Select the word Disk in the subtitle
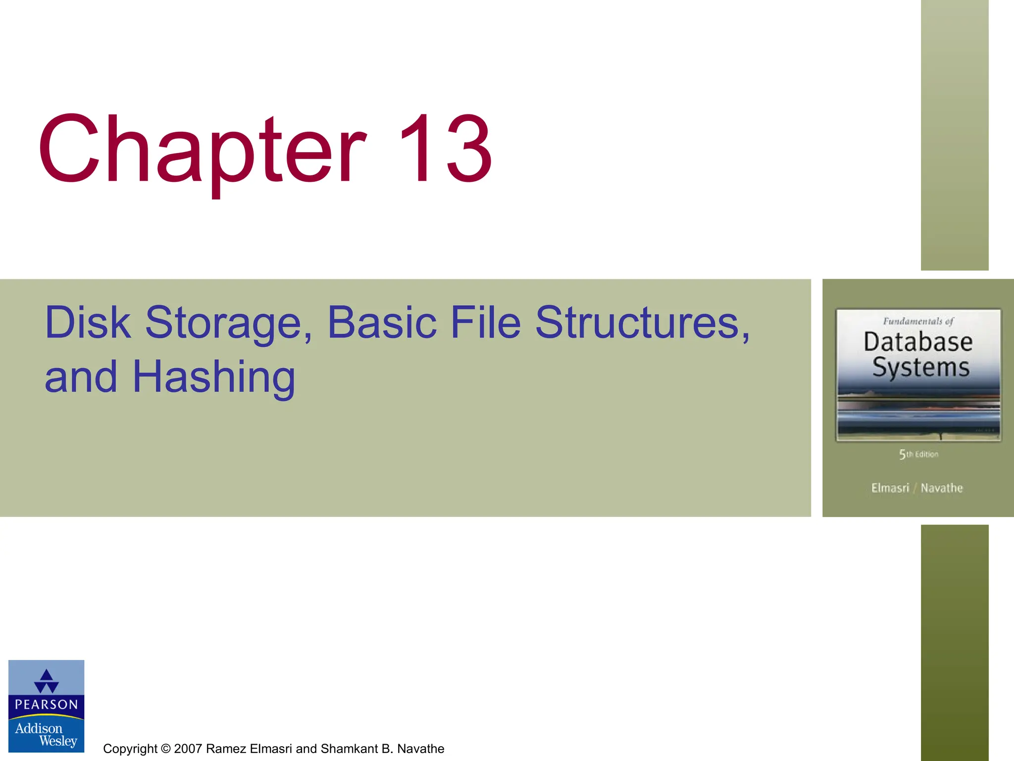pos(88,323)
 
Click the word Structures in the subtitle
pos(642,323)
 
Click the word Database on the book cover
pos(918,342)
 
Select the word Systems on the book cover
pos(920,368)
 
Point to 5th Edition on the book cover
pos(918,454)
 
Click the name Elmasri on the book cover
pos(890,488)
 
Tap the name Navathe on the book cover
pos(942,488)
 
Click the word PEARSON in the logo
pos(47,705)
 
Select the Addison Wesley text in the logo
pos(46,734)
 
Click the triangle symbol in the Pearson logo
pos(47,681)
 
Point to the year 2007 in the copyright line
pos(188,749)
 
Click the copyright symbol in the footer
pos(165,749)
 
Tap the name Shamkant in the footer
pos(349,749)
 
